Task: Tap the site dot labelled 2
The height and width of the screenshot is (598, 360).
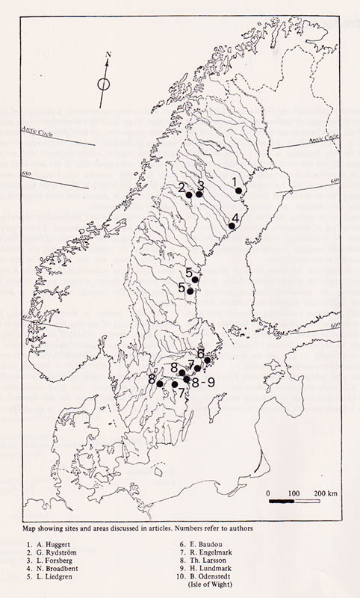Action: click(190, 194)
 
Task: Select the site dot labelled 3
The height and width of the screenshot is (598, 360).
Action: click(199, 194)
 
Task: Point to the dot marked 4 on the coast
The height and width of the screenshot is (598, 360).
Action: click(232, 226)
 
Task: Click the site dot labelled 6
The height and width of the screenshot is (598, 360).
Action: click(208, 360)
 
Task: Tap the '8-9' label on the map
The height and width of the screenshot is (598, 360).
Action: click(203, 382)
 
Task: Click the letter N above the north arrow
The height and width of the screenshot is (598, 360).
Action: click(108, 55)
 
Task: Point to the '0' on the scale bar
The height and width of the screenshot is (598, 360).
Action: click(268, 494)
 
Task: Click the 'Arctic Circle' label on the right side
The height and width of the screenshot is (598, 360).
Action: click(321, 140)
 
